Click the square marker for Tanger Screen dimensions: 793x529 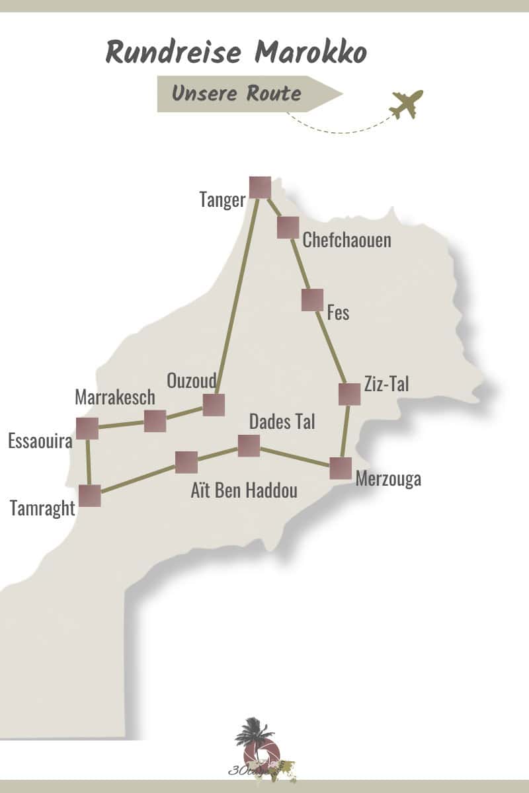tap(260, 188)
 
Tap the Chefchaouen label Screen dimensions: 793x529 tap(346, 240)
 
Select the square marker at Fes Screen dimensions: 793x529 tap(312, 299)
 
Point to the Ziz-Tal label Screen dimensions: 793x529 tap(387, 384)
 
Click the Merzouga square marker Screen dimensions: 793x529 tap(341, 468)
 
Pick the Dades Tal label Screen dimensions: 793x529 tap(282, 422)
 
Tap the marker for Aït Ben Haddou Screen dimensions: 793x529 tap(186, 463)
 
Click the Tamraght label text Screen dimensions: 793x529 tap(42, 508)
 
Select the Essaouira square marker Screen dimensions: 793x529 tap(87, 428)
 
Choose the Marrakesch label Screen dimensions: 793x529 tap(115, 397)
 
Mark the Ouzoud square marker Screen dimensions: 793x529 tap(214, 404)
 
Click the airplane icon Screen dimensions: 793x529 tap(406, 104)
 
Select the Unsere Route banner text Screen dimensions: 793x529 tap(236, 94)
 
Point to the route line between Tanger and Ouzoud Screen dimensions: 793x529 tap(237, 297)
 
